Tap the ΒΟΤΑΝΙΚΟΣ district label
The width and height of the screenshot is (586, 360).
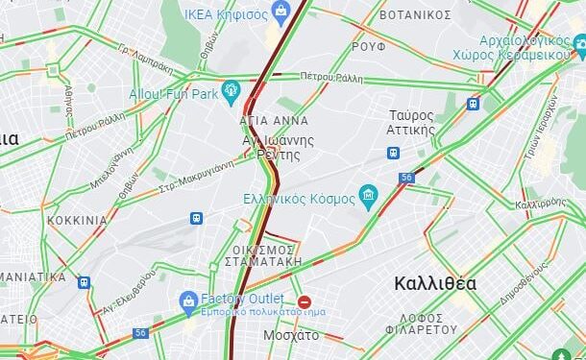415,14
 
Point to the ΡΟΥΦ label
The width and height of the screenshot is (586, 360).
368,45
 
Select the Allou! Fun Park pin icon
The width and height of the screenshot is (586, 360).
231,92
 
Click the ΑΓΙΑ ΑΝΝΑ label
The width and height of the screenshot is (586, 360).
275,121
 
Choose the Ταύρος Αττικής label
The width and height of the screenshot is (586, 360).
410,122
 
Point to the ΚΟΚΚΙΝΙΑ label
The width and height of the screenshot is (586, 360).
77,220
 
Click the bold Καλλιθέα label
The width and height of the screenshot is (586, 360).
435,283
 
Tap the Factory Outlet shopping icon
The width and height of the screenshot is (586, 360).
189,303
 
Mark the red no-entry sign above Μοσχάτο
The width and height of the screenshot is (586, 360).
305,302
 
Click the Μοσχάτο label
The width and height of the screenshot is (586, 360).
291,335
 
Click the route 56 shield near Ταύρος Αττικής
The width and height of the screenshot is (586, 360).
407,178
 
